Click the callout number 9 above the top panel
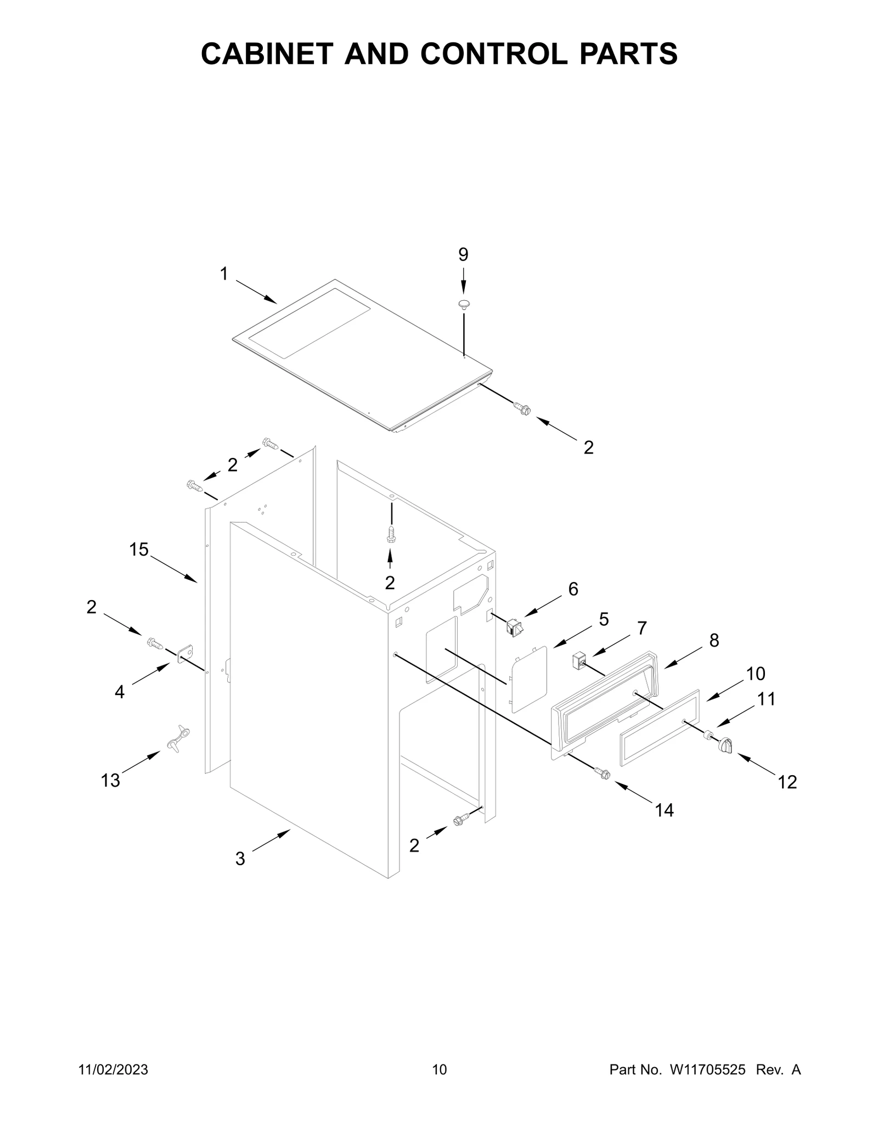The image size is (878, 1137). (463, 254)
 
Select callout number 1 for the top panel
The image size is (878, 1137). (224, 273)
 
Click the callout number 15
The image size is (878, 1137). (139, 549)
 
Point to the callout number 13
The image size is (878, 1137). (110, 780)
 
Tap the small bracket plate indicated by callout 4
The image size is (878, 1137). (187, 651)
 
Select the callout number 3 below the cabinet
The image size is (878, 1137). (240, 859)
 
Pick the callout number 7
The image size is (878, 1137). (641, 628)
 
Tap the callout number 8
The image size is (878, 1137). (714, 640)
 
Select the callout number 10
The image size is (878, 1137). (756, 673)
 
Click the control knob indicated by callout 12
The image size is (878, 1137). (724, 746)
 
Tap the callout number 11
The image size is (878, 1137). (767, 699)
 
